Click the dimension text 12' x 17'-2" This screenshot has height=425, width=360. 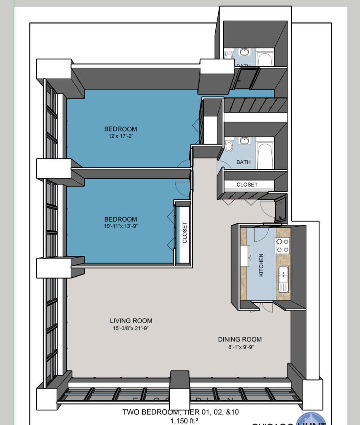[121, 136]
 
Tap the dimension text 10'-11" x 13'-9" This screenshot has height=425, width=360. [121, 226]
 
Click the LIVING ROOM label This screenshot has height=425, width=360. [131, 321]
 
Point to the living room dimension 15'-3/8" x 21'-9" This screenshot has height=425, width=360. [131, 328]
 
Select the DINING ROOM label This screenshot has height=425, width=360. [240, 340]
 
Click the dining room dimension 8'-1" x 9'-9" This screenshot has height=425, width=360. [240, 347]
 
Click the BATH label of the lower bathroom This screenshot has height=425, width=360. [243, 162]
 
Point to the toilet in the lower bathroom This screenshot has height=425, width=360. [229, 146]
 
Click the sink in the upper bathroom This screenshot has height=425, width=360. [245, 52]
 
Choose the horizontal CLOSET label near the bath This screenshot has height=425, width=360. [247, 185]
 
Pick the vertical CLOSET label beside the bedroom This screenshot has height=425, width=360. [184, 233]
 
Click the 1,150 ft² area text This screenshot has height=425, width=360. [184, 421]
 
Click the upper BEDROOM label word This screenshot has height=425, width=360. [121, 129]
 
